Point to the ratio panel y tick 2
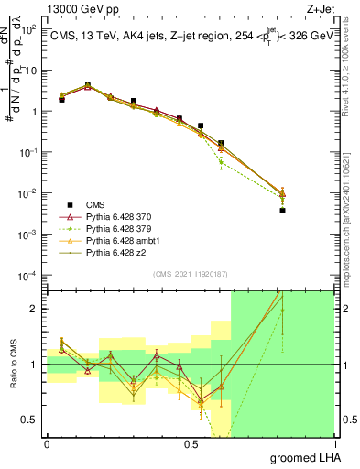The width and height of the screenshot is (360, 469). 36,309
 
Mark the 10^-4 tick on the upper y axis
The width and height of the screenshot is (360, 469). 29,276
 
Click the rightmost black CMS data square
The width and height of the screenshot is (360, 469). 282,211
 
